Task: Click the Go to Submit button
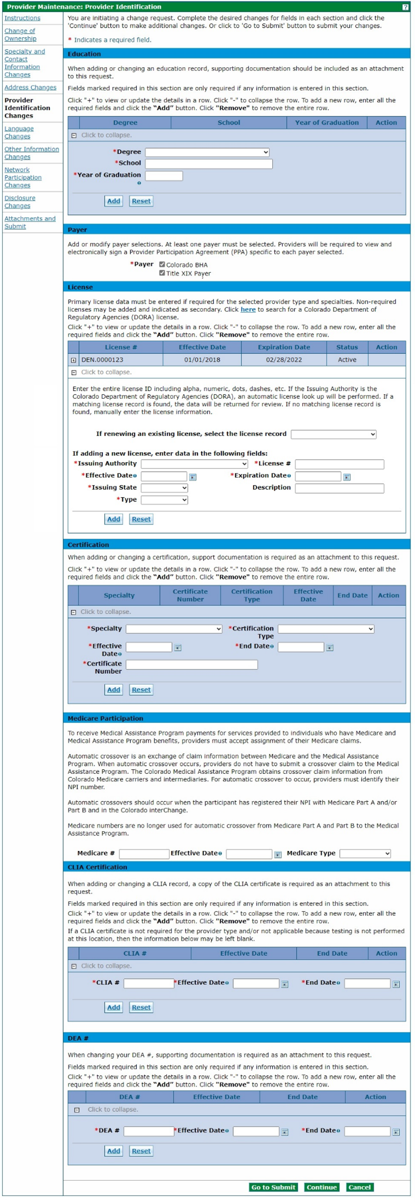(273, 1187)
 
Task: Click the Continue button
(322, 1187)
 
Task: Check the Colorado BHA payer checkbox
(162, 265)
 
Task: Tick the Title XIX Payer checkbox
(162, 273)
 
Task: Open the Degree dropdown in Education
(207, 153)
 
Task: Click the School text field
(208, 164)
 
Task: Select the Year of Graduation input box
(163, 176)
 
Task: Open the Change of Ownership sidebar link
(20, 35)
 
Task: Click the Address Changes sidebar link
(30, 87)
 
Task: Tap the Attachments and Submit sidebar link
(30, 223)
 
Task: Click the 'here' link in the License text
(248, 310)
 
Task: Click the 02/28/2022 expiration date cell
(284, 360)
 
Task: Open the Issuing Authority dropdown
(194, 464)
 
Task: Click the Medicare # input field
(144, 854)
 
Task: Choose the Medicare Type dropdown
(365, 854)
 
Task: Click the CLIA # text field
(149, 983)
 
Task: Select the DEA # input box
(149, 1131)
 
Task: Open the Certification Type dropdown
(326, 629)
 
